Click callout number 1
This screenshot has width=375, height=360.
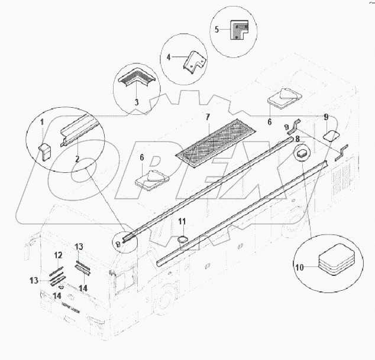(x=42, y=122)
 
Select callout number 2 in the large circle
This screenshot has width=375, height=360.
(x=77, y=159)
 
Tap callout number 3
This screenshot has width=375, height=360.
(x=136, y=102)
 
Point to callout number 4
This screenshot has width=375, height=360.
(x=169, y=57)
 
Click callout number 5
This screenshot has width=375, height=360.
(x=216, y=30)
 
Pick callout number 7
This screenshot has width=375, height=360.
(x=208, y=117)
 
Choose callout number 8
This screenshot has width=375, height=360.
(x=298, y=139)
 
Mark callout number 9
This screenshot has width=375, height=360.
(x=326, y=117)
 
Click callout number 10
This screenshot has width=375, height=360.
(x=299, y=267)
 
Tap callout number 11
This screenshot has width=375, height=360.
(x=182, y=221)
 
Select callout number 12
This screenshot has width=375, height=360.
(x=58, y=255)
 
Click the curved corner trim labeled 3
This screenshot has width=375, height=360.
(x=137, y=76)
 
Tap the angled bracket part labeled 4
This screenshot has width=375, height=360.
(x=194, y=62)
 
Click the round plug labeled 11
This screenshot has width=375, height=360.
(x=183, y=239)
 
